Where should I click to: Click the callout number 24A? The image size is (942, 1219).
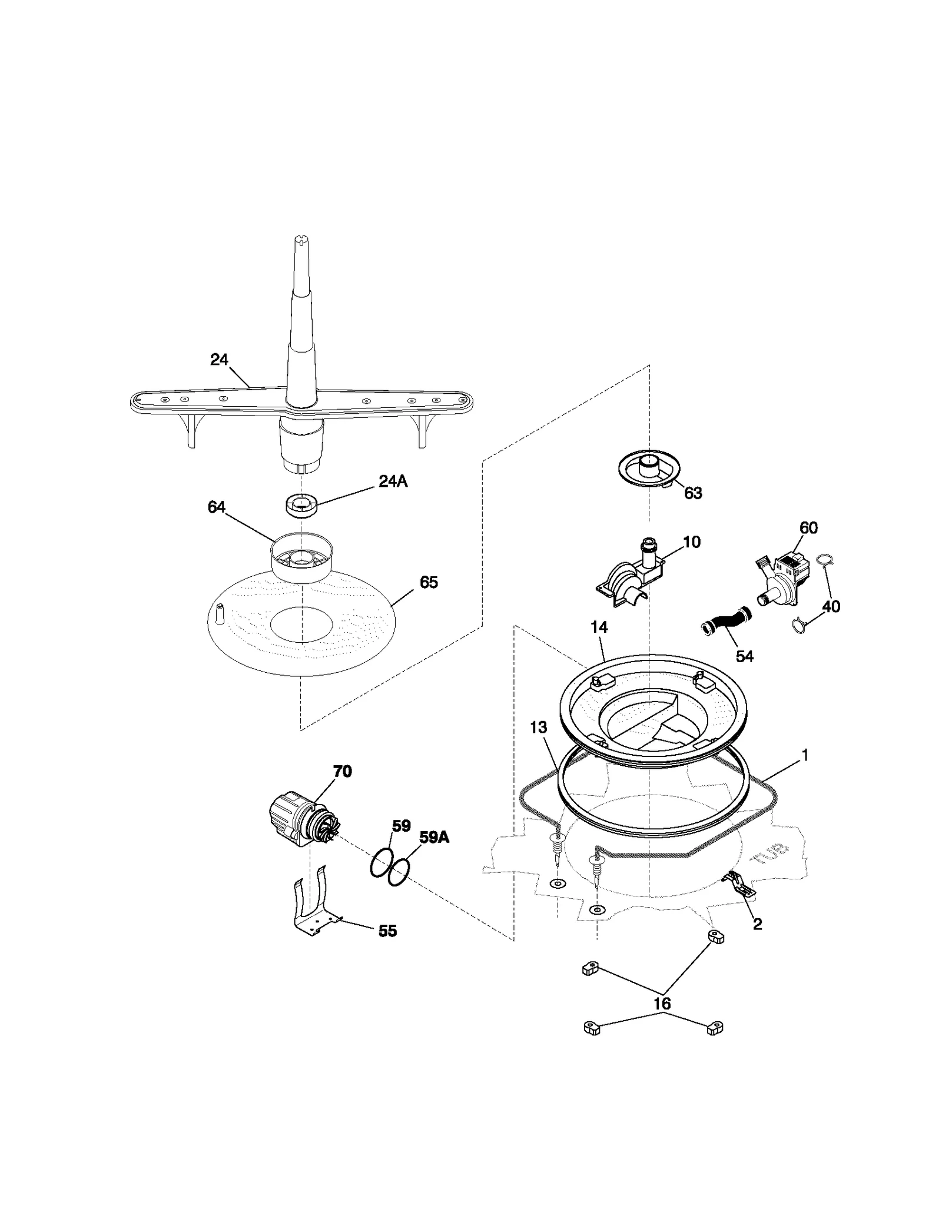click(x=393, y=481)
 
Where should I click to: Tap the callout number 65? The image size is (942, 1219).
click(x=429, y=582)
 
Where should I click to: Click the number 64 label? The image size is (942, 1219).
click(x=217, y=507)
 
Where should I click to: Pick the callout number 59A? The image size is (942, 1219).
click(x=434, y=837)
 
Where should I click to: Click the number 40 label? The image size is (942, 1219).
click(x=831, y=606)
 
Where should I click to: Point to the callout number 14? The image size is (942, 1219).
click(x=599, y=627)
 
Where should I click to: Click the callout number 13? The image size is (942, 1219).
click(x=538, y=728)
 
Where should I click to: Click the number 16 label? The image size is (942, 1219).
click(x=662, y=1004)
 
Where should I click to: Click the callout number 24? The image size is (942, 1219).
click(x=219, y=360)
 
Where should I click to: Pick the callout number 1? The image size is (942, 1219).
click(x=805, y=755)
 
